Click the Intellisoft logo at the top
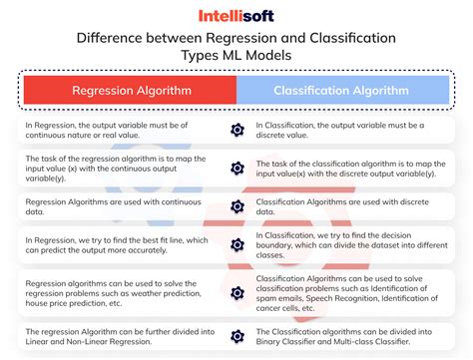pyautogui.click(x=236, y=16)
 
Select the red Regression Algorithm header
pyautogui.click(x=128, y=91)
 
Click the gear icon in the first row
pyautogui.click(x=236, y=131)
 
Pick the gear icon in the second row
pyautogui.click(x=236, y=169)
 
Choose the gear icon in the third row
pyautogui.click(x=236, y=206)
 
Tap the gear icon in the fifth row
pyautogui.click(x=236, y=290)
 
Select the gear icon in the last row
pyautogui.click(x=236, y=334)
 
